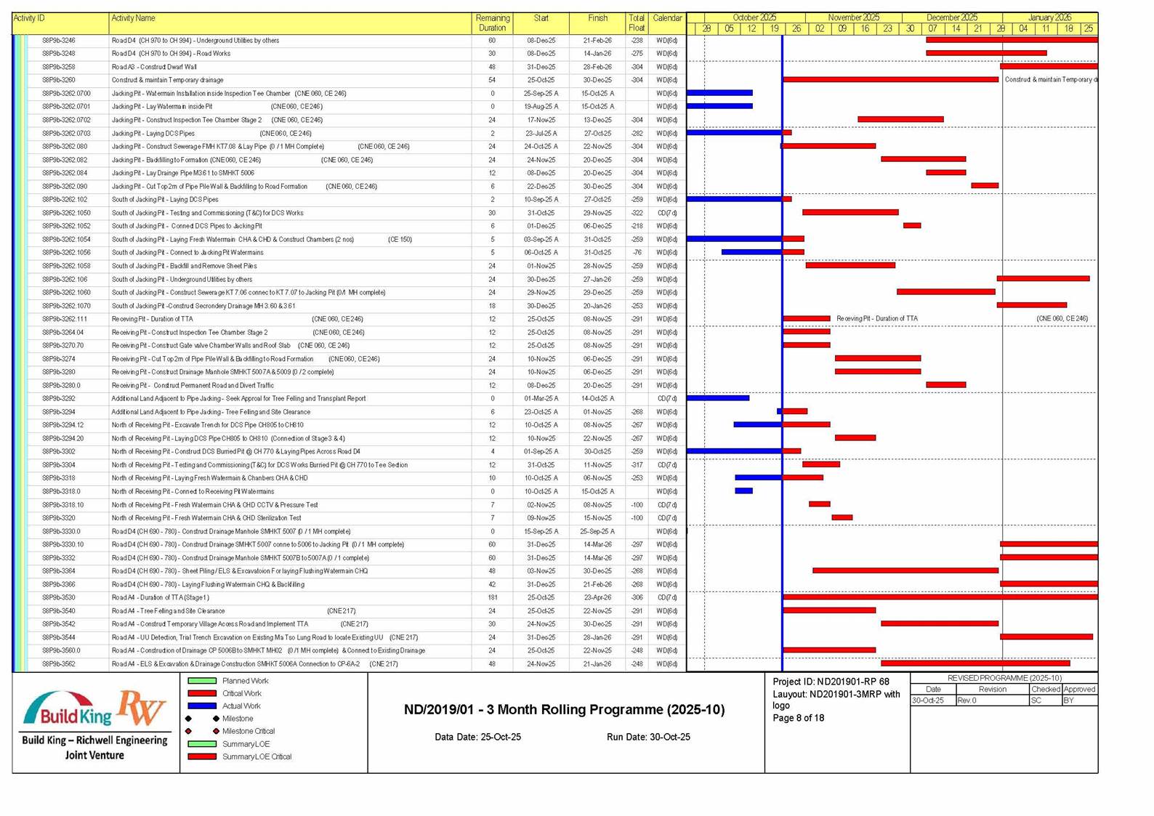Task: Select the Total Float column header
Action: pos(637,23)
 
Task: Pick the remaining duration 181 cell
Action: pos(492,598)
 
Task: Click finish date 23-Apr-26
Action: pos(597,598)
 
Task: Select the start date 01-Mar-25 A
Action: pos(541,399)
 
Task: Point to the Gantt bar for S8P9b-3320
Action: pos(842,517)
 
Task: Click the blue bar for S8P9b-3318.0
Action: pos(743,491)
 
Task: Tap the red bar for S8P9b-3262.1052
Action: pos(912,226)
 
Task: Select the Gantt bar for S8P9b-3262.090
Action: pos(985,186)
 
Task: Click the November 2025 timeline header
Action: pos(853,17)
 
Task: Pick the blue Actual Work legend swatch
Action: pos(202,706)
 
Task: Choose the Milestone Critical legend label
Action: pos(249,732)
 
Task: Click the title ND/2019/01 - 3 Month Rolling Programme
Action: pos(564,710)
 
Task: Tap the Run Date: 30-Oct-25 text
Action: pos(648,738)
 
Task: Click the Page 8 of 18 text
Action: pos(798,719)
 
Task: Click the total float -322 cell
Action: pos(637,213)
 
